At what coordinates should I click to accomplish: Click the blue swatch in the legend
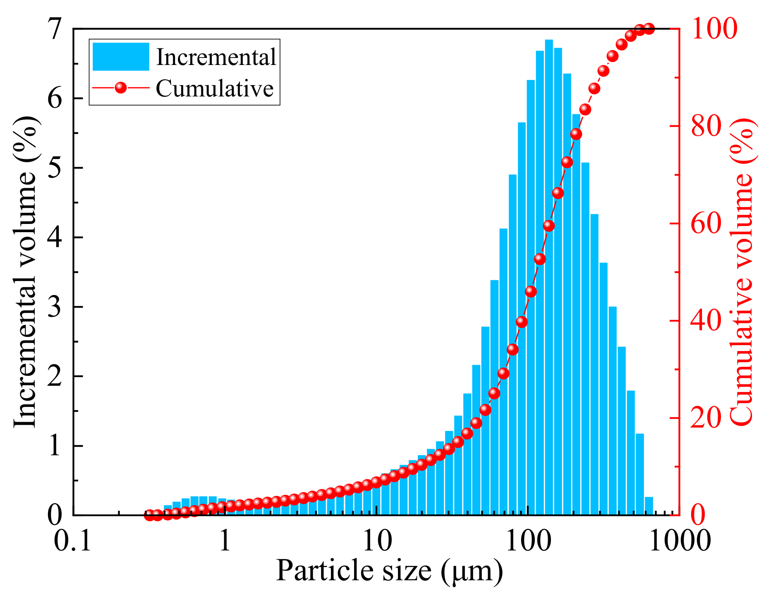(120, 57)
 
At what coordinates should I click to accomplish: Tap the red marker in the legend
(120, 88)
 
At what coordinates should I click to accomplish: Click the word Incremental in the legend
(216, 57)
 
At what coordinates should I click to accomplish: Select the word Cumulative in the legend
(215, 88)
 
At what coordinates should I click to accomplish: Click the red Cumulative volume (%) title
(743, 271)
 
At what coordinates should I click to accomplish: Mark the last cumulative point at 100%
(649, 29)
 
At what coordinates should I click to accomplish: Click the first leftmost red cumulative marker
(149, 515)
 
